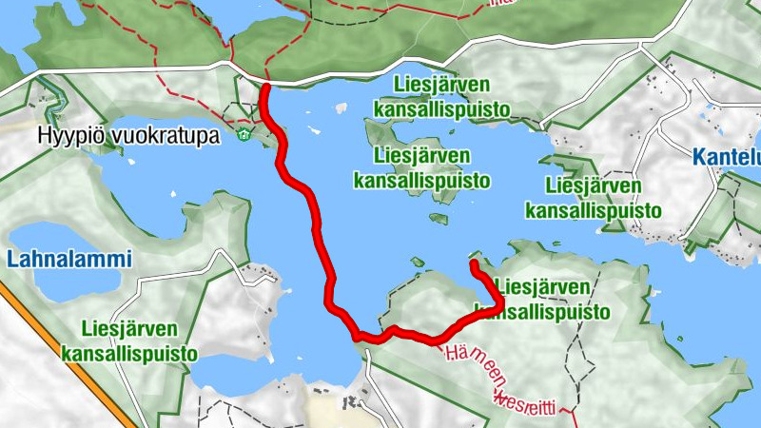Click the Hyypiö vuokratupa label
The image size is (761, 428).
click(x=128, y=135)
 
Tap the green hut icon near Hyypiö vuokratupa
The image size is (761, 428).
click(x=244, y=134)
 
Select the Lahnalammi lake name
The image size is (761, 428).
click(x=68, y=259)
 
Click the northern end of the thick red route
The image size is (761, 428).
click(x=265, y=88)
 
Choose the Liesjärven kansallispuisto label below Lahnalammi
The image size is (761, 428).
click(x=129, y=341)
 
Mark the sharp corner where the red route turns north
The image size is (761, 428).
click(x=500, y=302)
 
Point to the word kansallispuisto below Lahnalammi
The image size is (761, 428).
click(x=129, y=354)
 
